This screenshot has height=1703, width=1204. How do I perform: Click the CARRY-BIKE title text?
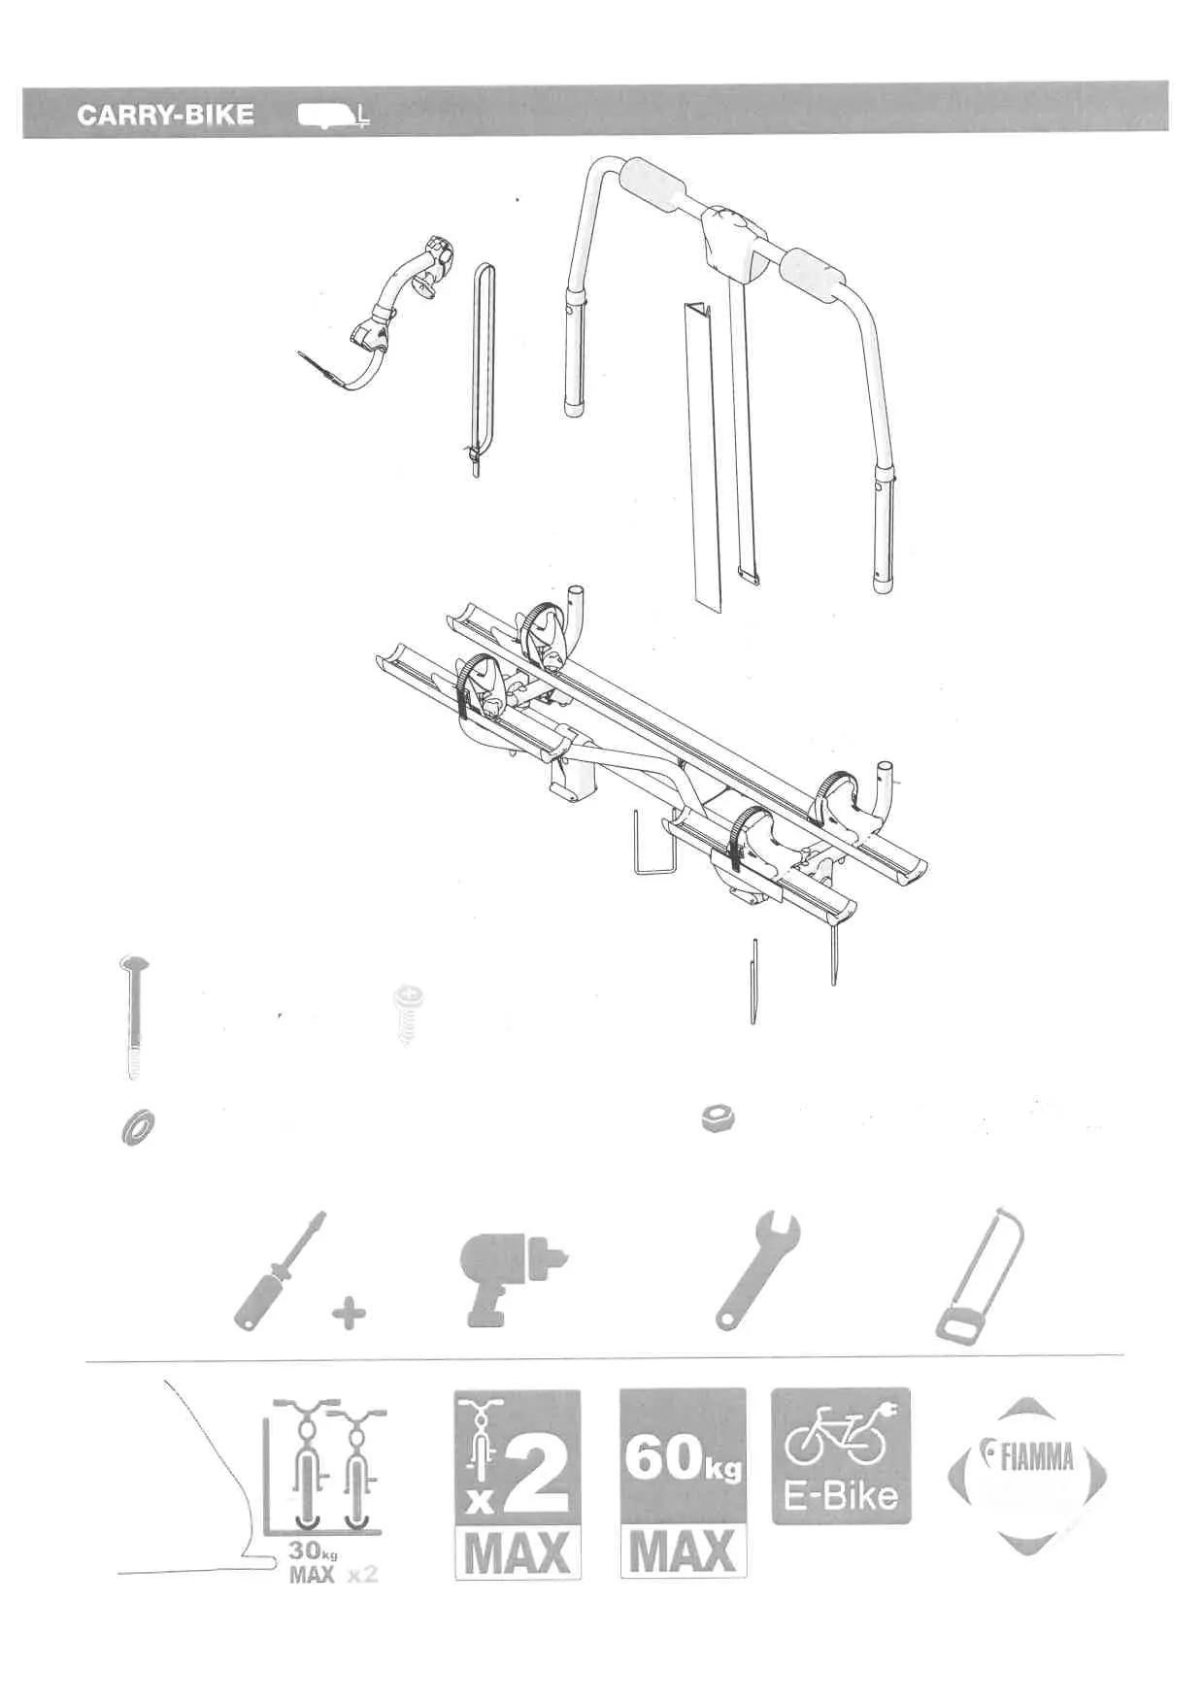[x=165, y=115]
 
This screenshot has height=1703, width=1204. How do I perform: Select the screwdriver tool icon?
[x=281, y=1269]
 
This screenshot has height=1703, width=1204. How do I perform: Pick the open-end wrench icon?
[x=757, y=1269]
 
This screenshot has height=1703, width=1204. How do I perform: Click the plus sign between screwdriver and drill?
[x=350, y=1315]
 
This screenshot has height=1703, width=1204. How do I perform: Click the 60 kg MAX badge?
[x=683, y=1483]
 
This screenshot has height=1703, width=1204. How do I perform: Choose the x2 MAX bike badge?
[x=518, y=1484]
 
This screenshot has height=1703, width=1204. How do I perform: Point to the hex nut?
[x=718, y=1119]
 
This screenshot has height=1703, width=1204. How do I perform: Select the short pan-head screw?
[x=408, y=1015]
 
